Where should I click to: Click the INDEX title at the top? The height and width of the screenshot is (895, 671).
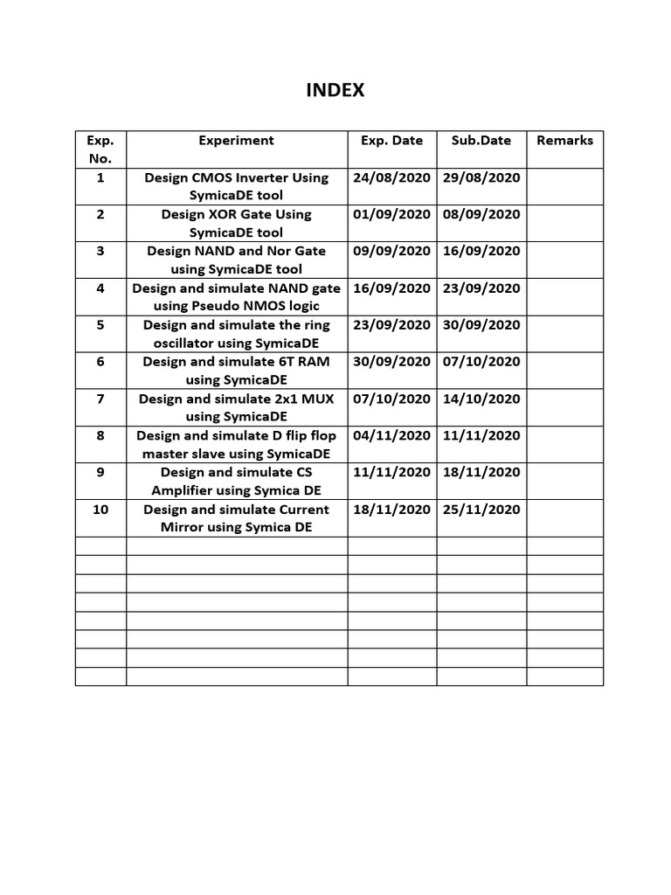[x=335, y=90]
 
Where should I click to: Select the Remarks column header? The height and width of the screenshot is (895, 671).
[x=564, y=140]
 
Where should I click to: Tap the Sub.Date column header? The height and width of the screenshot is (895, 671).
[x=481, y=140]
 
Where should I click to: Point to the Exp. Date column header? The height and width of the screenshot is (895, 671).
[x=391, y=140]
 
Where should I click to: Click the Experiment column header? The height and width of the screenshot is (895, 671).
[x=236, y=140]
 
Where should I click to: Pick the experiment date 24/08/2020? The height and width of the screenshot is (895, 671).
[x=391, y=177]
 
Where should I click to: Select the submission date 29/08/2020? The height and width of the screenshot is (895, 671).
[x=481, y=177]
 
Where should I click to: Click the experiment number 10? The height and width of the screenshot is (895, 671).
[x=100, y=509]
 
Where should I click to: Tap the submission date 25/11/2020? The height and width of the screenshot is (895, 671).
[x=481, y=509]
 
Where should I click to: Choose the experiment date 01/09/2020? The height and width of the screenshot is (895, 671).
[x=391, y=214]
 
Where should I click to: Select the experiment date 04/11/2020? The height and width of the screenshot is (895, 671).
[x=391, y=435]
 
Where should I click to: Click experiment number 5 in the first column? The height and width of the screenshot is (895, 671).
[x=100, y=324]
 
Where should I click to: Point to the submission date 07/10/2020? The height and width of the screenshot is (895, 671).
[x=481, y=361]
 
